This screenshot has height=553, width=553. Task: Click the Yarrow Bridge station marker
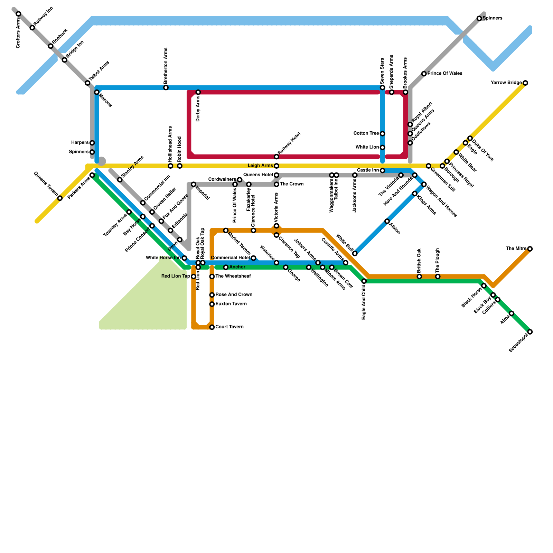click(x=525, y=83)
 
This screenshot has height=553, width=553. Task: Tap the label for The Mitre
click(x=516, y=249)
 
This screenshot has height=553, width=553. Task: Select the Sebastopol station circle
click(x=530, y=332)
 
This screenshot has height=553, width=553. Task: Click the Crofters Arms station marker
click(x=18, y=14)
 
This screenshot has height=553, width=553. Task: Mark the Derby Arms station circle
click(x=198, y=92)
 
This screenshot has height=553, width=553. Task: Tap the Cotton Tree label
click(x=366, y=133)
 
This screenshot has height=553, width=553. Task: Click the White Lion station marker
click(x=382, y=148)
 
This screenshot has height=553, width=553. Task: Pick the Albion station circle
click(x=387, y=221)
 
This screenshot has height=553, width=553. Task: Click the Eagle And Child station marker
click(x=364, y=281)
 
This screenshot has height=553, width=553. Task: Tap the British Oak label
click(x=419, y=261)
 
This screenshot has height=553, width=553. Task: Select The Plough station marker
click(x=438, y=276)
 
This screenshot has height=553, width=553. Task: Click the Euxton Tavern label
click(x=231, y=304)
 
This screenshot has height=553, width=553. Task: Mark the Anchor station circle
click(x=226, y=267)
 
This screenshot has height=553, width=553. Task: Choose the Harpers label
click(x=80, y=143)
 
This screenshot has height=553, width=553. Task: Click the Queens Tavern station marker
click(x=60, y=198)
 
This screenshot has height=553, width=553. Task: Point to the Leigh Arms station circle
click(x=276, y=166)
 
